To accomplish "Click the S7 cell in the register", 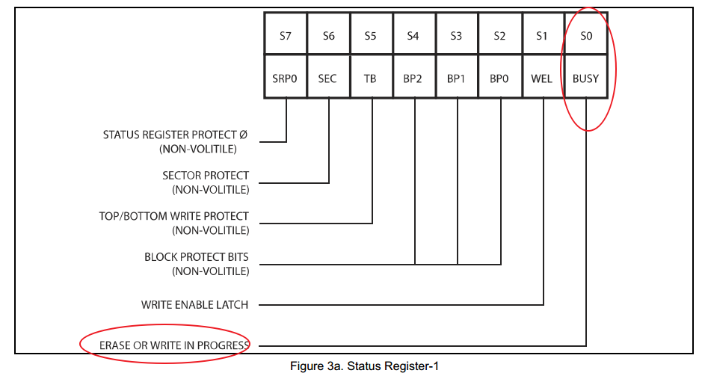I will click(x=285, y=35).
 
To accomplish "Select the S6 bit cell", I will click(x=328, y=35).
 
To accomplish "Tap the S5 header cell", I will click(x=371, y=35).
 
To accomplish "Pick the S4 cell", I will click(x=413, y=35).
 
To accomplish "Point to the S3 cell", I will click(x=456, y=35).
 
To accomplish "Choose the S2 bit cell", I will click(x=499, y=35).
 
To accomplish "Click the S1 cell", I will click(x=542, y=35).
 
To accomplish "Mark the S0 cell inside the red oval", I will click(x=585, y=35).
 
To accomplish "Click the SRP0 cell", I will click(x=285, y=78).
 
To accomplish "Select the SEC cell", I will click(x=328, y=78).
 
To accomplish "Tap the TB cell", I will click(x=371, y=78).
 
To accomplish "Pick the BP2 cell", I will click(x=413, y=78).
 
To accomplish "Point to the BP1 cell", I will click(x=456, y=78).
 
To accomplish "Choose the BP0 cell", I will click(x=499, y=78).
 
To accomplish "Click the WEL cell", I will click(x=542, y=78).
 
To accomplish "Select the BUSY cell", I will click(x=585, y=78).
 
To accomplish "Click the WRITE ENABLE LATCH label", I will click(x=194, y=305).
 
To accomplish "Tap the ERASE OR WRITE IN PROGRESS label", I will click(x=174, y=346).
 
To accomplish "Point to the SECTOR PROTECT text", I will click(x=206, y=176).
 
